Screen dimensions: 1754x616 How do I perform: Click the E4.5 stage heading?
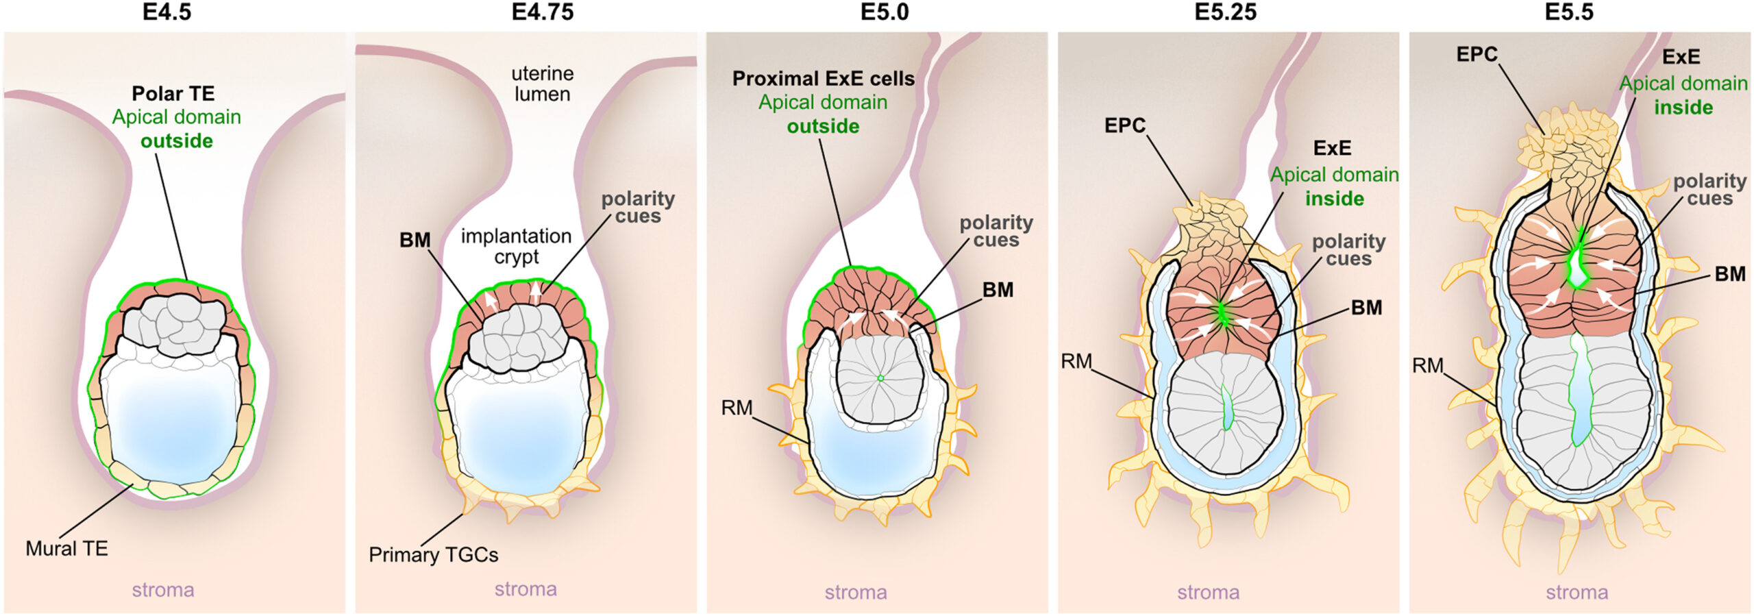click(x=166, y=12)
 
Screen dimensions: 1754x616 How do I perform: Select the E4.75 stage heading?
click(x=543, y=12)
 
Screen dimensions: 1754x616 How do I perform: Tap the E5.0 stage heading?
click(x=885, y=12)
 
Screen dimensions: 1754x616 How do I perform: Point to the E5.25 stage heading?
click(x=1226, y=12)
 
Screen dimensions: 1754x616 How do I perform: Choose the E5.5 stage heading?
click(x=1569, y=12)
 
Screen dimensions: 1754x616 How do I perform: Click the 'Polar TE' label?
click(x=173, y=93)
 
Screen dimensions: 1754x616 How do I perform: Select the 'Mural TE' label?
click(x=66, y=548)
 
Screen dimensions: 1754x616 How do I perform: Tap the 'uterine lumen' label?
click(x=543, y=84)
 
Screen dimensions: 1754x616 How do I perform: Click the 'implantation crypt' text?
click(x=516, y=246)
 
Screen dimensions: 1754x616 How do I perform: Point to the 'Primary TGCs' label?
click(x=433, y=554)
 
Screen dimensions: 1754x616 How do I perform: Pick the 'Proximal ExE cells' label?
click(x=824, y=79)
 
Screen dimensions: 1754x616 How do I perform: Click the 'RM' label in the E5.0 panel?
click(x=737, y=408)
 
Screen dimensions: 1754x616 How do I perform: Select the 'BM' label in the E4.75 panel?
click(x=415, y=240)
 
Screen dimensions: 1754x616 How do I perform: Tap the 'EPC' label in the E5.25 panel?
click(x=1125, y=125)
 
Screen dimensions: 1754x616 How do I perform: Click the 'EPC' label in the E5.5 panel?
click(x=1477, y=54)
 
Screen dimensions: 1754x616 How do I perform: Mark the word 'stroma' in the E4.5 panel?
click(x=163, y=590)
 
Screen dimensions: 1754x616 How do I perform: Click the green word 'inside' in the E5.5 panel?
click(x=1683, y=108)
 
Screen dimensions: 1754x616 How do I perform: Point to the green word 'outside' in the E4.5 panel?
click(x=177, y=141)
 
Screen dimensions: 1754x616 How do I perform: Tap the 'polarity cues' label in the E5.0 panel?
click(x=996, y=231)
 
